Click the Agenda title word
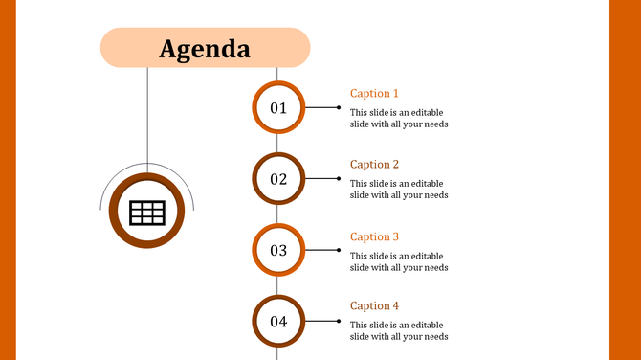click(x=205, y=49)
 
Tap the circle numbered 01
click(x=278, y=107)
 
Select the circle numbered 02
click(x=278, y=178)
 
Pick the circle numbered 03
click(x=278, y=250)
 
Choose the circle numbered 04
click(x=278, y=321)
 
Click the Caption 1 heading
click(x=374, y=94)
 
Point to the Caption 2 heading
click(x=374, y=165)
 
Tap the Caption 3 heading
click(x=374, y=236)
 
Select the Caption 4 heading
click(x=374, y=306)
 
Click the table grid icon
click(x=147, y=213)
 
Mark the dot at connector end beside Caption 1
click(x=338, y=107)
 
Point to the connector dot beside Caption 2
click(x=338, y=178)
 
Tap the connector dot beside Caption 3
click(x=338, y=250)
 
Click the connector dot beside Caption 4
click(x=338, y=321)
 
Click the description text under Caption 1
click(x=399, y=118)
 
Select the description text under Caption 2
click(x=399, y=189)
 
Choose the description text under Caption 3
click(x=399, y=261)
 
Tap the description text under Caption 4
click(x=399, y=331)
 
